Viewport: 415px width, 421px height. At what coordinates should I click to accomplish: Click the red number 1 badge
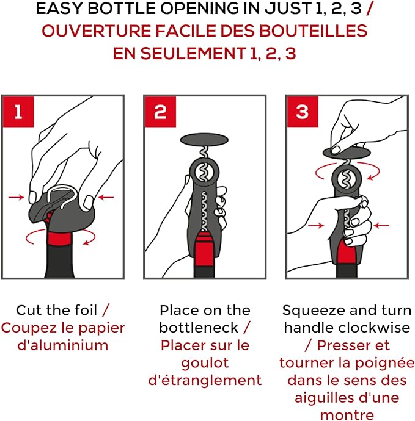coord(18,112)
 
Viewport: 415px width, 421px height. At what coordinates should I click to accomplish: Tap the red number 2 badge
coord(160,112)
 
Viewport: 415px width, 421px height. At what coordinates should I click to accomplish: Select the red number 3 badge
coord(303,112)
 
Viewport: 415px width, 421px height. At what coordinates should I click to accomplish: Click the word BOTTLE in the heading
coord(122,9)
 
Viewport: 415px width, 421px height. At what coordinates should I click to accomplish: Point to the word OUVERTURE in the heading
coord(96,31)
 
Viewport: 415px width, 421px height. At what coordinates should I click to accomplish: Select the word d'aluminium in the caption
coord(63,345)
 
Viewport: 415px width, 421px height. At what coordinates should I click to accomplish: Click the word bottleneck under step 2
coord(199,328)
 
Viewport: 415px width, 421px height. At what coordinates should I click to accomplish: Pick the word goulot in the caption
coord(205,364)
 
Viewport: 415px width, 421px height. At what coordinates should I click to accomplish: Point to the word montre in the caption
coord(347,415)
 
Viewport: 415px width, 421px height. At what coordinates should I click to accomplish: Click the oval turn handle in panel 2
coord(204,140)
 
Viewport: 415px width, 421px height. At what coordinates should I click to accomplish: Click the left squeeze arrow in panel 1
coord(16,197)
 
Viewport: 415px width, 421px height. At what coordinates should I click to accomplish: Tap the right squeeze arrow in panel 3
coord(381,225)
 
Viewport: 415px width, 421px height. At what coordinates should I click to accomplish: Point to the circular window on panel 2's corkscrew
coord(204,172)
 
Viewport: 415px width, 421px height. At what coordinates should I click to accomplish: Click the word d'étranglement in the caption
coord(205,380)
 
